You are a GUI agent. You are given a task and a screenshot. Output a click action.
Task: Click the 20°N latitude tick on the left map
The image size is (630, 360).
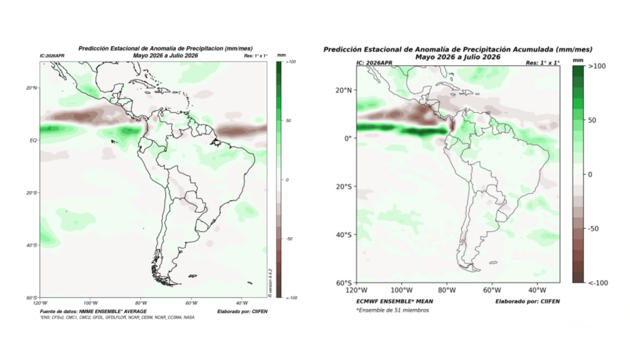(x=31, y=88)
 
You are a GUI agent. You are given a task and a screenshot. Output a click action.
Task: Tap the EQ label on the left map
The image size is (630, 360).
(x=33, y=140)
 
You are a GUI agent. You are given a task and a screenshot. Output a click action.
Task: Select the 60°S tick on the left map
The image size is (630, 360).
(x=31, y=297)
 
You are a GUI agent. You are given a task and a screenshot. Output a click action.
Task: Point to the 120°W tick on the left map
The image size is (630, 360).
(x=41, y=303)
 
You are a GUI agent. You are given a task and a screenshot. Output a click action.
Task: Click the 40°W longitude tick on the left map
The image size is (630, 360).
(x=241, y=303)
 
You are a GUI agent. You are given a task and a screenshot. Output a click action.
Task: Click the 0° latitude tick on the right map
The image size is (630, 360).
(x=347, y=138)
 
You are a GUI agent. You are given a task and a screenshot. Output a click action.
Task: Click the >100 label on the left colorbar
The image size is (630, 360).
(x=290, y=62)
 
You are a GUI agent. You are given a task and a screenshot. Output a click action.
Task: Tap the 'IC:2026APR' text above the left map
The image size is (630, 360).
(x=52, y=56)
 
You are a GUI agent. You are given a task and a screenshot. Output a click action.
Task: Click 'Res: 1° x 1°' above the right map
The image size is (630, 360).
(x=543, y=63)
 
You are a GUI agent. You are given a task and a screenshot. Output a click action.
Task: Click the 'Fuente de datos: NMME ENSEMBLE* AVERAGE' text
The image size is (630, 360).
(x=94, y=311)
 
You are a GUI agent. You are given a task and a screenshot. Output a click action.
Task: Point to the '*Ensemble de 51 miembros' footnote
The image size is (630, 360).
(x=392, y=310)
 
